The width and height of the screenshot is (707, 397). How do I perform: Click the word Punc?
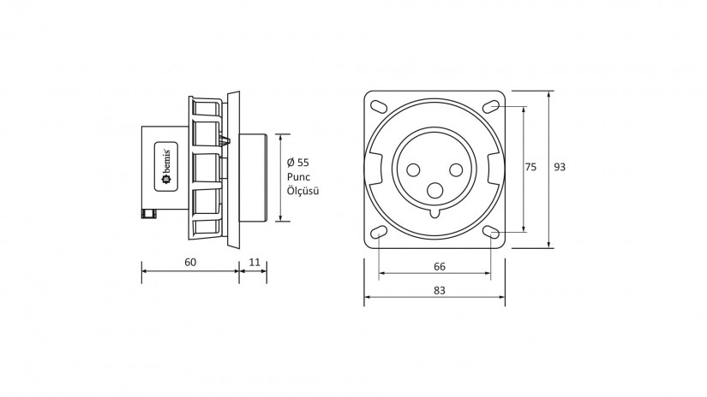(299, 177)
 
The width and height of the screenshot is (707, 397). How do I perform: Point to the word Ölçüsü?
(303, 192)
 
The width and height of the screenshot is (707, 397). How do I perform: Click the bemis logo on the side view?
(165, 168)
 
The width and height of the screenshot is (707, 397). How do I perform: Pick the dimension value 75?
(530, 168)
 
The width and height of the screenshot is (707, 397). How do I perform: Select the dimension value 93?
(559, 168)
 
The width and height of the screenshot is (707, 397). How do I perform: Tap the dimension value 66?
(439, 265)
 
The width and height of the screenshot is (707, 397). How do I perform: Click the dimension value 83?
(440, 290)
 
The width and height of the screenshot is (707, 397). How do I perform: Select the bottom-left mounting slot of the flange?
(378, 232)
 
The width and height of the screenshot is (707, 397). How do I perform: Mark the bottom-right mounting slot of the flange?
(491, 232)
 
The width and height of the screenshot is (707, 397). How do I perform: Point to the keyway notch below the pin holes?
(434, 211)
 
